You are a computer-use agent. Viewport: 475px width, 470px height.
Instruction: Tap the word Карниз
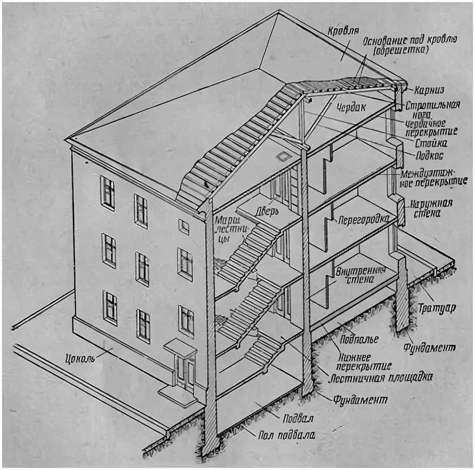click(429, 90)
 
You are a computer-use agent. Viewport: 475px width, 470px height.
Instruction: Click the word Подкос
click(428, 155)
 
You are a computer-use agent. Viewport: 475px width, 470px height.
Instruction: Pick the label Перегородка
click(363, 219)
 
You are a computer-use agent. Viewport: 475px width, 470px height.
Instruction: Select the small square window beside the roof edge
click(184, 227)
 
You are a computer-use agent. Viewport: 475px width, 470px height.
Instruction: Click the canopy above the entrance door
click(180, 346)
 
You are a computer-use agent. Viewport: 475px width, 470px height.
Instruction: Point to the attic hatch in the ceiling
click(282, 155)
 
